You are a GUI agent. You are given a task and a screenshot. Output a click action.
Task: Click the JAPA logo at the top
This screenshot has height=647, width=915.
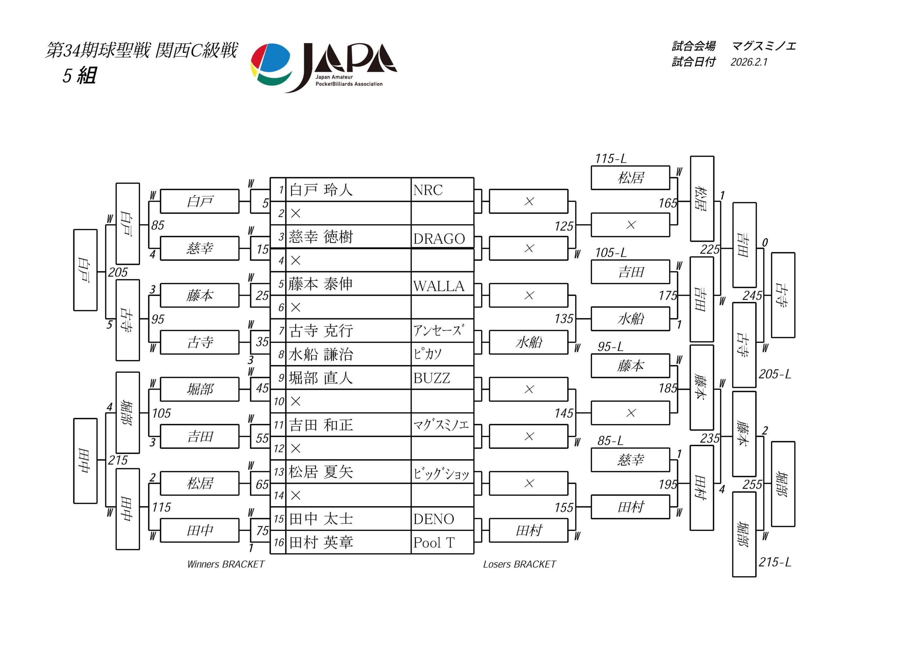[323, 67]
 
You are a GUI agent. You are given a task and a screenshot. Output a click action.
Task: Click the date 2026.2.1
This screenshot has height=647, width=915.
[749, 62]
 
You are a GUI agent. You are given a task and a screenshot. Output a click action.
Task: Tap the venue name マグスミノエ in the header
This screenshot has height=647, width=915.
[763, 46]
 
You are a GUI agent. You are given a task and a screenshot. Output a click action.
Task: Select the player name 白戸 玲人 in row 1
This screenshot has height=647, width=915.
[321, 190]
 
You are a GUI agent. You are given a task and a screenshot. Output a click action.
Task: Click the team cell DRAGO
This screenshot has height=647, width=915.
[439, 239]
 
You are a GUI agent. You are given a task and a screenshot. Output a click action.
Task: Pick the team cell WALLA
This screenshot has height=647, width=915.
[439, 286]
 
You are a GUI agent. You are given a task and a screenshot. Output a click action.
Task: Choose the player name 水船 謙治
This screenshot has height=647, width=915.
[321, 354]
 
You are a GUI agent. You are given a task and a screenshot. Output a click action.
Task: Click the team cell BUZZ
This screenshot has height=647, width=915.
[432, 378]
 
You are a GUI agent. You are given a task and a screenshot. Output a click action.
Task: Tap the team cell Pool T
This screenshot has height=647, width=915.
[434, 543]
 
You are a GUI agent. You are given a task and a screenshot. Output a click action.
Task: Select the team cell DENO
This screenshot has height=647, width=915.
[434, 519]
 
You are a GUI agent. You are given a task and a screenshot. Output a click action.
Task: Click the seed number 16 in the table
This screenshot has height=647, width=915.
[278, 543]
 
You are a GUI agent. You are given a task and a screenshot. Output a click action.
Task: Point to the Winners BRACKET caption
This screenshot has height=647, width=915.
[226, 564]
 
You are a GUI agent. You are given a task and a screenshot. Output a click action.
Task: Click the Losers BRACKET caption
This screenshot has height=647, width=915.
[519, 564]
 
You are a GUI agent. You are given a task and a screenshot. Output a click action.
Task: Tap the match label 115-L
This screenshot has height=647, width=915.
[610, 159]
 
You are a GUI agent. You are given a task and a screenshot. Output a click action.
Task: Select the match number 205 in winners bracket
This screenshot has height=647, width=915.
[118, 273]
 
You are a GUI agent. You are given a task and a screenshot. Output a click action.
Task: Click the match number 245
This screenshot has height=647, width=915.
[752, 295]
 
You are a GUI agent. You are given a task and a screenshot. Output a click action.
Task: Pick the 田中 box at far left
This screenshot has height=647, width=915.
[85, 461]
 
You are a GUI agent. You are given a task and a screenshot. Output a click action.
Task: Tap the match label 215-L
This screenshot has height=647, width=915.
[774, 562]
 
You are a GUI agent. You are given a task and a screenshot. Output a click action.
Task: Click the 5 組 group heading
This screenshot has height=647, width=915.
[79, 75]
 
